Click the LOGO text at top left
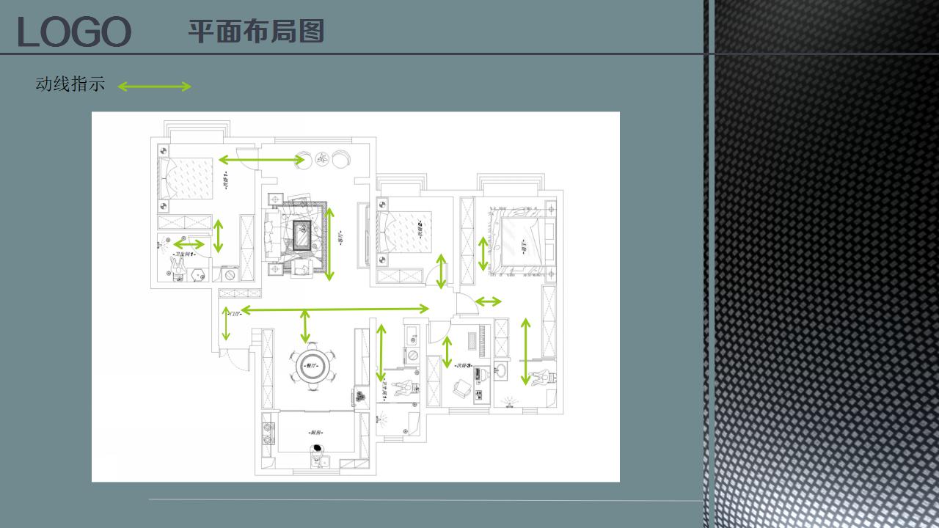click(74, 32)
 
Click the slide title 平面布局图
click(256, 31)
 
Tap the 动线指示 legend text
click(70, 84)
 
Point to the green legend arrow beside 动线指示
click(154, 87)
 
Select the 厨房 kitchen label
click(315, 433)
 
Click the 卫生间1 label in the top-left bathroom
click(184, 254)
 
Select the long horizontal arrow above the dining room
click(335, 309)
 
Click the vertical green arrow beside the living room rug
click(330, 244)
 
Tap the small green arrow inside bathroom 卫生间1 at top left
click(189, 244)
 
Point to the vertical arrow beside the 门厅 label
click(226, 323)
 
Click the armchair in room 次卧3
click(462, 389)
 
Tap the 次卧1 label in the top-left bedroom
click(225, 180)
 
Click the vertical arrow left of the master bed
click(483, 254)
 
